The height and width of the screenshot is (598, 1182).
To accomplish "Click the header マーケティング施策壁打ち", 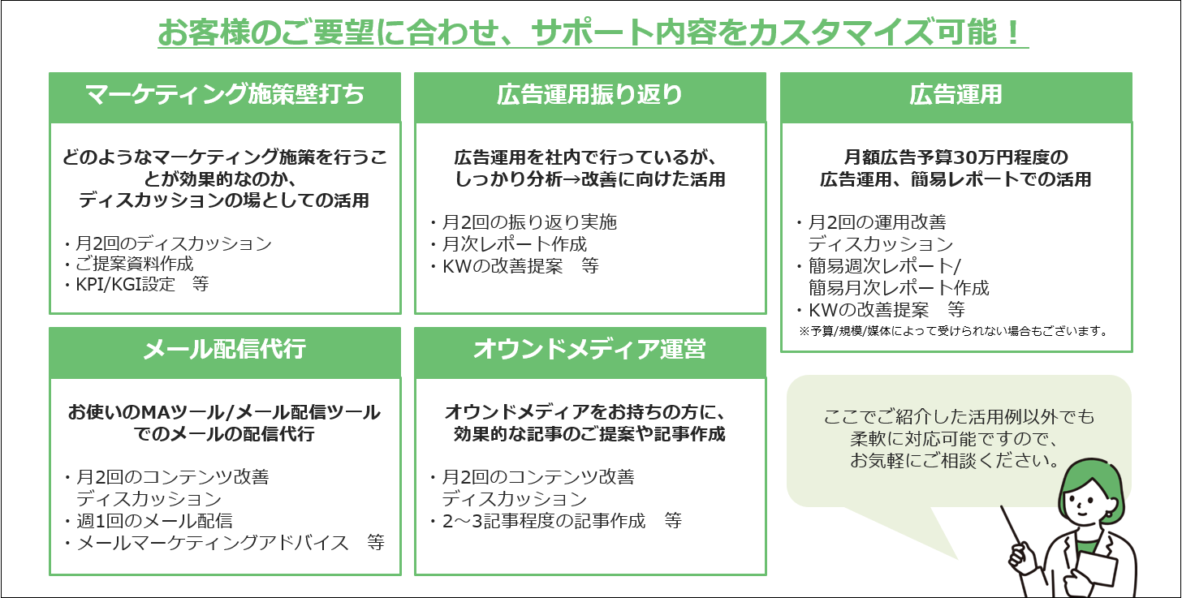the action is [225, 95].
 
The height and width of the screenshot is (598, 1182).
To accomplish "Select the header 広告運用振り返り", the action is [590, 95].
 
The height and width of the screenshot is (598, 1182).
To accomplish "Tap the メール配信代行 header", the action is [225, 349].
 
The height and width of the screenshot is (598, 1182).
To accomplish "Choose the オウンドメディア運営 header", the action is [590, 349].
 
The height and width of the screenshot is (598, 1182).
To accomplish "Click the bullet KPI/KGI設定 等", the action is [137, 284].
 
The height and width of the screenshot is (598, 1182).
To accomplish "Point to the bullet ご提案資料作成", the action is [129, 264].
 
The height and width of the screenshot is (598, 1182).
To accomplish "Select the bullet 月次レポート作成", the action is [509, 244].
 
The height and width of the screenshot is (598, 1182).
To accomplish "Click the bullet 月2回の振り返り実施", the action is [524, 222].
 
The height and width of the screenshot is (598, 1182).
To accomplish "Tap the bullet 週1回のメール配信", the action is [149, 521].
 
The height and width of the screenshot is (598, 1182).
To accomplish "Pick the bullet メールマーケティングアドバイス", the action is [206, 543].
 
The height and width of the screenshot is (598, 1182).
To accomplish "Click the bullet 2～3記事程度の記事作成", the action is [537, 521].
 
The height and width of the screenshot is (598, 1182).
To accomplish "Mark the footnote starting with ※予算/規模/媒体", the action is [953, 331].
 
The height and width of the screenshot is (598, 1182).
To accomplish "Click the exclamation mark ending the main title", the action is [1013, 32].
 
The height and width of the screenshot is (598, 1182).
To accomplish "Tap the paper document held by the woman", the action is [1097, 567].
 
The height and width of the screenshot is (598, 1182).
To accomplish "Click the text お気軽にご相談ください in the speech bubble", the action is [955, 461].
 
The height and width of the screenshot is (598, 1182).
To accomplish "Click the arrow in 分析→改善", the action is [572, 179].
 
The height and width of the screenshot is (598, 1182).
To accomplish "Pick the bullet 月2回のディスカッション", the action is [168, 243].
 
